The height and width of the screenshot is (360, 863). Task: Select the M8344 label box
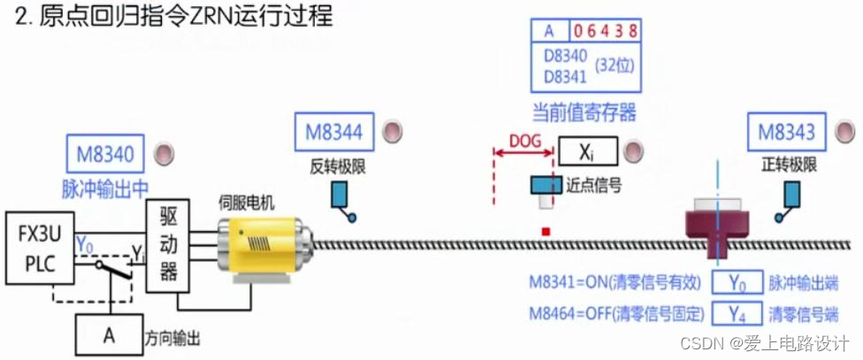(333, 134)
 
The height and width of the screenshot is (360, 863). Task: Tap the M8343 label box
(786, 133)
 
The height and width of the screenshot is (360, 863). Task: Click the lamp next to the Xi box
(634, 152)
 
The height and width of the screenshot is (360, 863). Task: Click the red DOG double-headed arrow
(524, 153)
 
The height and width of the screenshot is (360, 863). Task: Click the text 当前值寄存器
(584, 112)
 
